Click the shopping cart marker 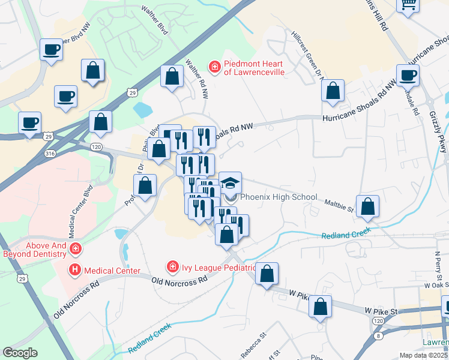click(x=408, y=5)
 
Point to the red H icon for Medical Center click(x=75, y=271)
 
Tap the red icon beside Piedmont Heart click(x=214, y=65)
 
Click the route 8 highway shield click(x=378, y=336)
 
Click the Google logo click(x=20, y=353)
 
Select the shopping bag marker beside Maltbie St click(x=367, y=206)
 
